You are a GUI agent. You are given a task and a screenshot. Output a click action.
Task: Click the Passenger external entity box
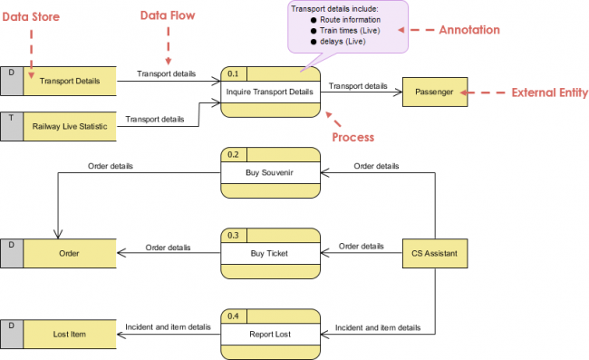435,92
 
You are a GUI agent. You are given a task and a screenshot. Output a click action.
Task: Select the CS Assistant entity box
435,253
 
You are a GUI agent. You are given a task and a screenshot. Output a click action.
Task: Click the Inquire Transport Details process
271,92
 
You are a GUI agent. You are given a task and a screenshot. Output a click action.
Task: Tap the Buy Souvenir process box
271,172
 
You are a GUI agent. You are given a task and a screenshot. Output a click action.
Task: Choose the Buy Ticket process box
271,253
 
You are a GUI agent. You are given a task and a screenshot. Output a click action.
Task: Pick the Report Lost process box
271,334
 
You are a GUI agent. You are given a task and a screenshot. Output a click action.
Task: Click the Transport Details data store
69,81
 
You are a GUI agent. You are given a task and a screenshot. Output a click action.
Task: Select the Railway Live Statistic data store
69,126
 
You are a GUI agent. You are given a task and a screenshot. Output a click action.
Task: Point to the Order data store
69,253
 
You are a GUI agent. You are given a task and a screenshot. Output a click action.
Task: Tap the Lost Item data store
69,334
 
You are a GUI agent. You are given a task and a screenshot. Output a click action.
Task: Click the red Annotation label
468,30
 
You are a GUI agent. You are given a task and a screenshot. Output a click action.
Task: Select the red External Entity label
549,92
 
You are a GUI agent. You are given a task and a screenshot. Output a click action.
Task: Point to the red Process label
352,137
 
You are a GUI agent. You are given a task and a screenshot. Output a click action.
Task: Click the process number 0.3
234,235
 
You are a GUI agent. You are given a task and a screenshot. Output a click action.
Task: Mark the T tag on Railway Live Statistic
11,117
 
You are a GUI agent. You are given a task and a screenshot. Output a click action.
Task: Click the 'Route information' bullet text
350,19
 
